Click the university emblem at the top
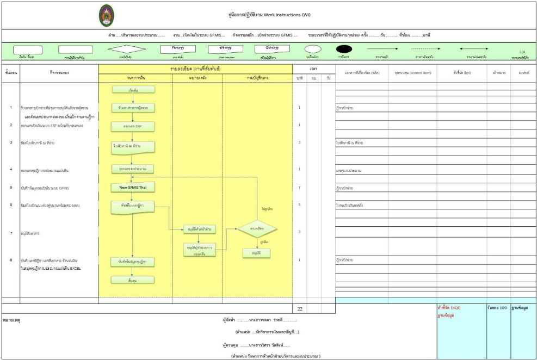click(106, 16)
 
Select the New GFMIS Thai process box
click(133, 188)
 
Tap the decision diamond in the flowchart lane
click(257, 229)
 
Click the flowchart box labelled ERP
click(133, 126)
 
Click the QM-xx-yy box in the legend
click(273, 48)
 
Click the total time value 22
click(300, 309)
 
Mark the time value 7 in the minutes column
click(300, 188)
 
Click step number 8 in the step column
click(11, 260)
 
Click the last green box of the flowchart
click(133, 280)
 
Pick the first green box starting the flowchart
click(133, 89)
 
